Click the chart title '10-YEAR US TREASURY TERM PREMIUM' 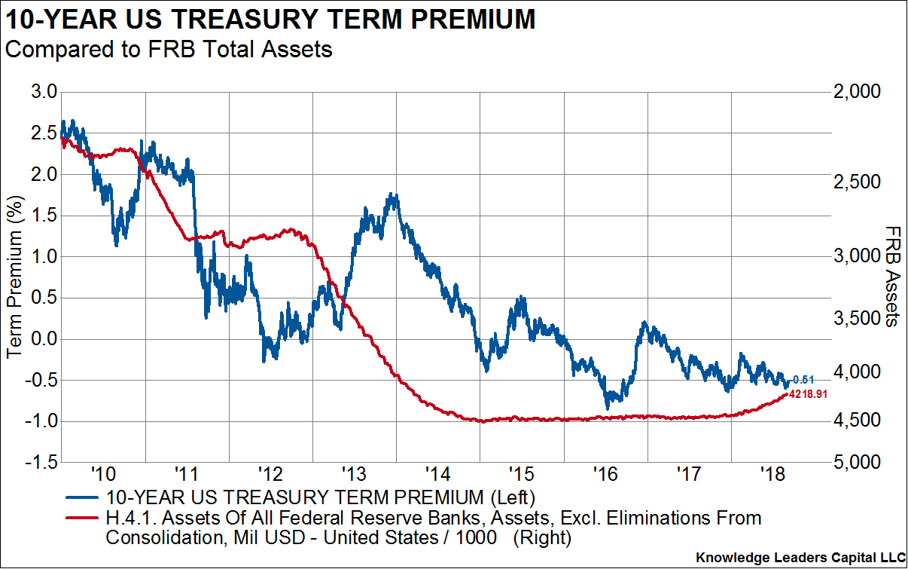(x=270, y=19)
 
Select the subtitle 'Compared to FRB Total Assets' (x=169, y=50)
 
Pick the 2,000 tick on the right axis (x=858, y=92)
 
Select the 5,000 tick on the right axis (x=858, y=462)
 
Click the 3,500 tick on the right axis (x=858, y=319)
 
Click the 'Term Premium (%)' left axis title (x=14, y=277)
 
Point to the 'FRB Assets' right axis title (x=892, y=277)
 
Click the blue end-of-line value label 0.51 (x=803, y=379)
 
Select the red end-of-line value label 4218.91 (x=808, y=393)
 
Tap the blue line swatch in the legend (x=83, y=497)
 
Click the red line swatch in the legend (x=83, y=519)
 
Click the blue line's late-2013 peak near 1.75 (x=392, y=195)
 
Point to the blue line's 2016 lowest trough (x=608, y=408)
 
